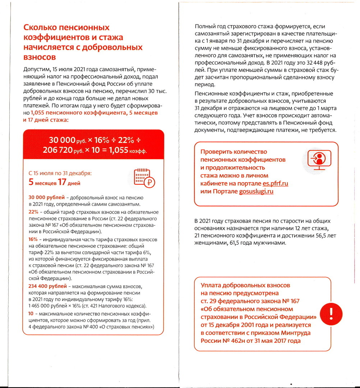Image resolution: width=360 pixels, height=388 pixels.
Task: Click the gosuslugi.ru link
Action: pos(257,191)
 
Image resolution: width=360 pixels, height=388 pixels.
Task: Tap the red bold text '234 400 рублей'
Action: pos(47,286)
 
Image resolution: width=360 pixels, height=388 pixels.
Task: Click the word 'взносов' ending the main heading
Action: pos(39,57)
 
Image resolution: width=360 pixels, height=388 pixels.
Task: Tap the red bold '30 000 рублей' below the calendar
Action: pos(46,198)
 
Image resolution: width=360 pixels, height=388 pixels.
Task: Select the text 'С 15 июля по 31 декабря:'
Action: pos(60,174)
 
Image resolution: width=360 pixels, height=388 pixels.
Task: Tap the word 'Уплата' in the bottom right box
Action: pos(211,285)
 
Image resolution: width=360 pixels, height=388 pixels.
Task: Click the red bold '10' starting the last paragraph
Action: pos(31,314)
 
